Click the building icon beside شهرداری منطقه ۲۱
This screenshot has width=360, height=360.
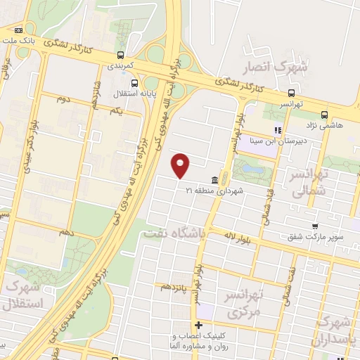pos(213,179)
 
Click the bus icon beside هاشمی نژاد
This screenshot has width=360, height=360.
pos(323,115)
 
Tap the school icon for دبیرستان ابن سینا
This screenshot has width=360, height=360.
pos(278,129)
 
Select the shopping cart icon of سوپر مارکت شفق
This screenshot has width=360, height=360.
pos(315,226)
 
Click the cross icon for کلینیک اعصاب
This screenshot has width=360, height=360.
pos(199,325)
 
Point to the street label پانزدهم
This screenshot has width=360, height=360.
pos(174,287)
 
